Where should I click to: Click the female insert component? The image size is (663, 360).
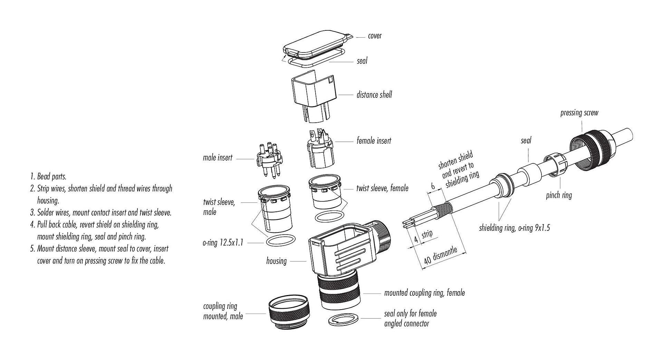pyautogui.click(x=320, y=150)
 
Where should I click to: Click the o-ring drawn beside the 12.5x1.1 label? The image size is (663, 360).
pyautogui.click(x=281, y=240)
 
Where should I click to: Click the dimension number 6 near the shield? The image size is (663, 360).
pyautogui.click(x=433, y=186)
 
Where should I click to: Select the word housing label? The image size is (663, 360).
pyautogui.click(x=276, y=261)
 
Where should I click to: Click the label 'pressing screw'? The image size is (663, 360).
pyautogui.click(x=579, y=113)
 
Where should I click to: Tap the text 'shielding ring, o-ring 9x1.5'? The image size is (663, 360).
pyautogui.click(x=514, y=228)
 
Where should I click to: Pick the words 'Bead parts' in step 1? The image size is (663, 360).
pyautogui.click(x=52, y=177)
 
